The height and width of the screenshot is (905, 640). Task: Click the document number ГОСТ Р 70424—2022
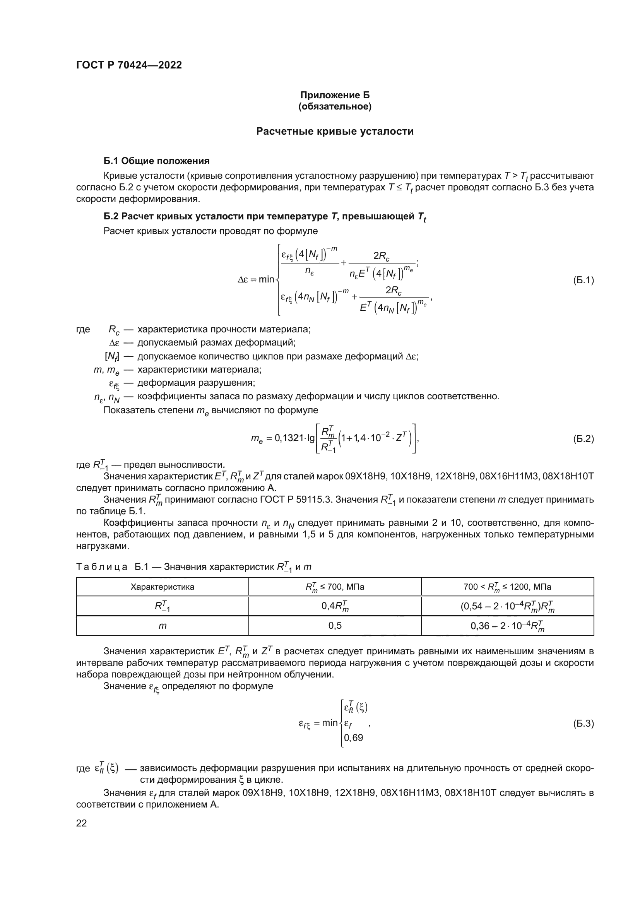(129, 65)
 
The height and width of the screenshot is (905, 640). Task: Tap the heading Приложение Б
(335, 95)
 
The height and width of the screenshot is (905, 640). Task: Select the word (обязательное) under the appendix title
(335, 106)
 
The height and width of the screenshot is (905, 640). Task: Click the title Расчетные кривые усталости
(335, 131)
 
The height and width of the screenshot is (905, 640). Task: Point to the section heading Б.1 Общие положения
(156, 161)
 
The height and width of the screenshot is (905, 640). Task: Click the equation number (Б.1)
(583, 280)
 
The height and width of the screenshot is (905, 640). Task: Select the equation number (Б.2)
(583, 439)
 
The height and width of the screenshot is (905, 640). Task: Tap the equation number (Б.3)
(583, 724)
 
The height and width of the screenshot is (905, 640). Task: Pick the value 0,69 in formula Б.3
(354, 738)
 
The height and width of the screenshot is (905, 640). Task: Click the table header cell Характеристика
(163, 587)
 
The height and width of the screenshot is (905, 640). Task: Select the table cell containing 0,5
(335, 626)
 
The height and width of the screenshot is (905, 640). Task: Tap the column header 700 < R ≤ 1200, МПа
(507, 587)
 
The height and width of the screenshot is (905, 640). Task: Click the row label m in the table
(163, 626)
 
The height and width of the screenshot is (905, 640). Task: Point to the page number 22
(82, 823)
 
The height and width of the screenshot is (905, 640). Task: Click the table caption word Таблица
(102, 567)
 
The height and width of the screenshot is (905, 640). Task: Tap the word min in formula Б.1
(266, 280)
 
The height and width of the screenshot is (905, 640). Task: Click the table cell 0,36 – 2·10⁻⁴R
(507, 626)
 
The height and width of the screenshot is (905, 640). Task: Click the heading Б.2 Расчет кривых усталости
(264, 217)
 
